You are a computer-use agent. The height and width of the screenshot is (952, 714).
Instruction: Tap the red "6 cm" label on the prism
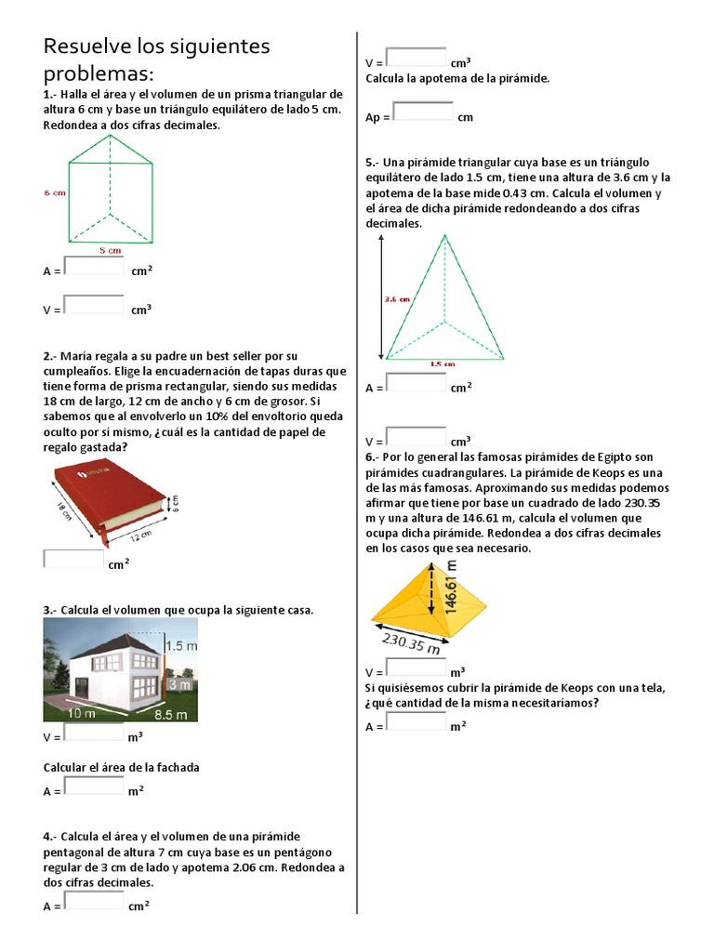pos(54,193)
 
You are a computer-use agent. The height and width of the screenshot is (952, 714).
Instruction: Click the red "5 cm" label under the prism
pos(110,250)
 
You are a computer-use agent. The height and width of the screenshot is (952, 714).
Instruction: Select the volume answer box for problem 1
pos(94,305)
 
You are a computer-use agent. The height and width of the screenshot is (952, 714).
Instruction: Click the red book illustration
pos(109,500)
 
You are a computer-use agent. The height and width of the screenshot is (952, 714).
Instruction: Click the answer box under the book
pos(74,560)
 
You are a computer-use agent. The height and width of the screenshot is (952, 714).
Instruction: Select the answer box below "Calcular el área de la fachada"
pos(94,787)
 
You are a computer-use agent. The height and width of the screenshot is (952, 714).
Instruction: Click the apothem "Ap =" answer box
pos(423,113)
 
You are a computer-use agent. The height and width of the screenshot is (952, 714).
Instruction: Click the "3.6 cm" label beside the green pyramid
pos(397,299)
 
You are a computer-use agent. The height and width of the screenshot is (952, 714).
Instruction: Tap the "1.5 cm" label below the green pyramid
pos(443,364)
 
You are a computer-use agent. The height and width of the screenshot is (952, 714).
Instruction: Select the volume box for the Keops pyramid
pos(416,668)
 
